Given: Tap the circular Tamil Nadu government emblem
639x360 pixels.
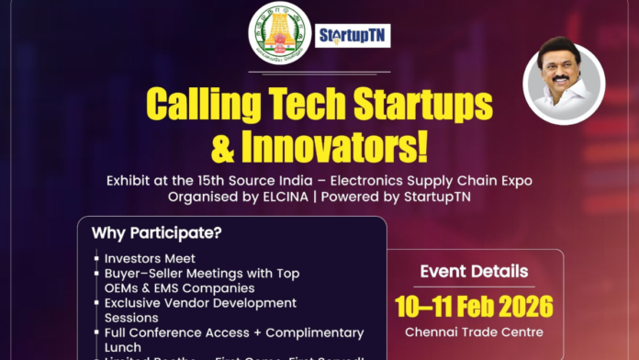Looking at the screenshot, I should [x=279, y=33].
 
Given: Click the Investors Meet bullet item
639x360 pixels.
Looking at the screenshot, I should [x=151, y=259].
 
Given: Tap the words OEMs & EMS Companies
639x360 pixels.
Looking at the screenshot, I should [x=169, y=288].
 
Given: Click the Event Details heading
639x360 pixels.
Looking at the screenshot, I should [x=473, y=272].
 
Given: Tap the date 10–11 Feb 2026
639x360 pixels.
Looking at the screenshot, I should [x=473, y=305].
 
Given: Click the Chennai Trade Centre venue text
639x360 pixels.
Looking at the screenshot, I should [x=473, y=332].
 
